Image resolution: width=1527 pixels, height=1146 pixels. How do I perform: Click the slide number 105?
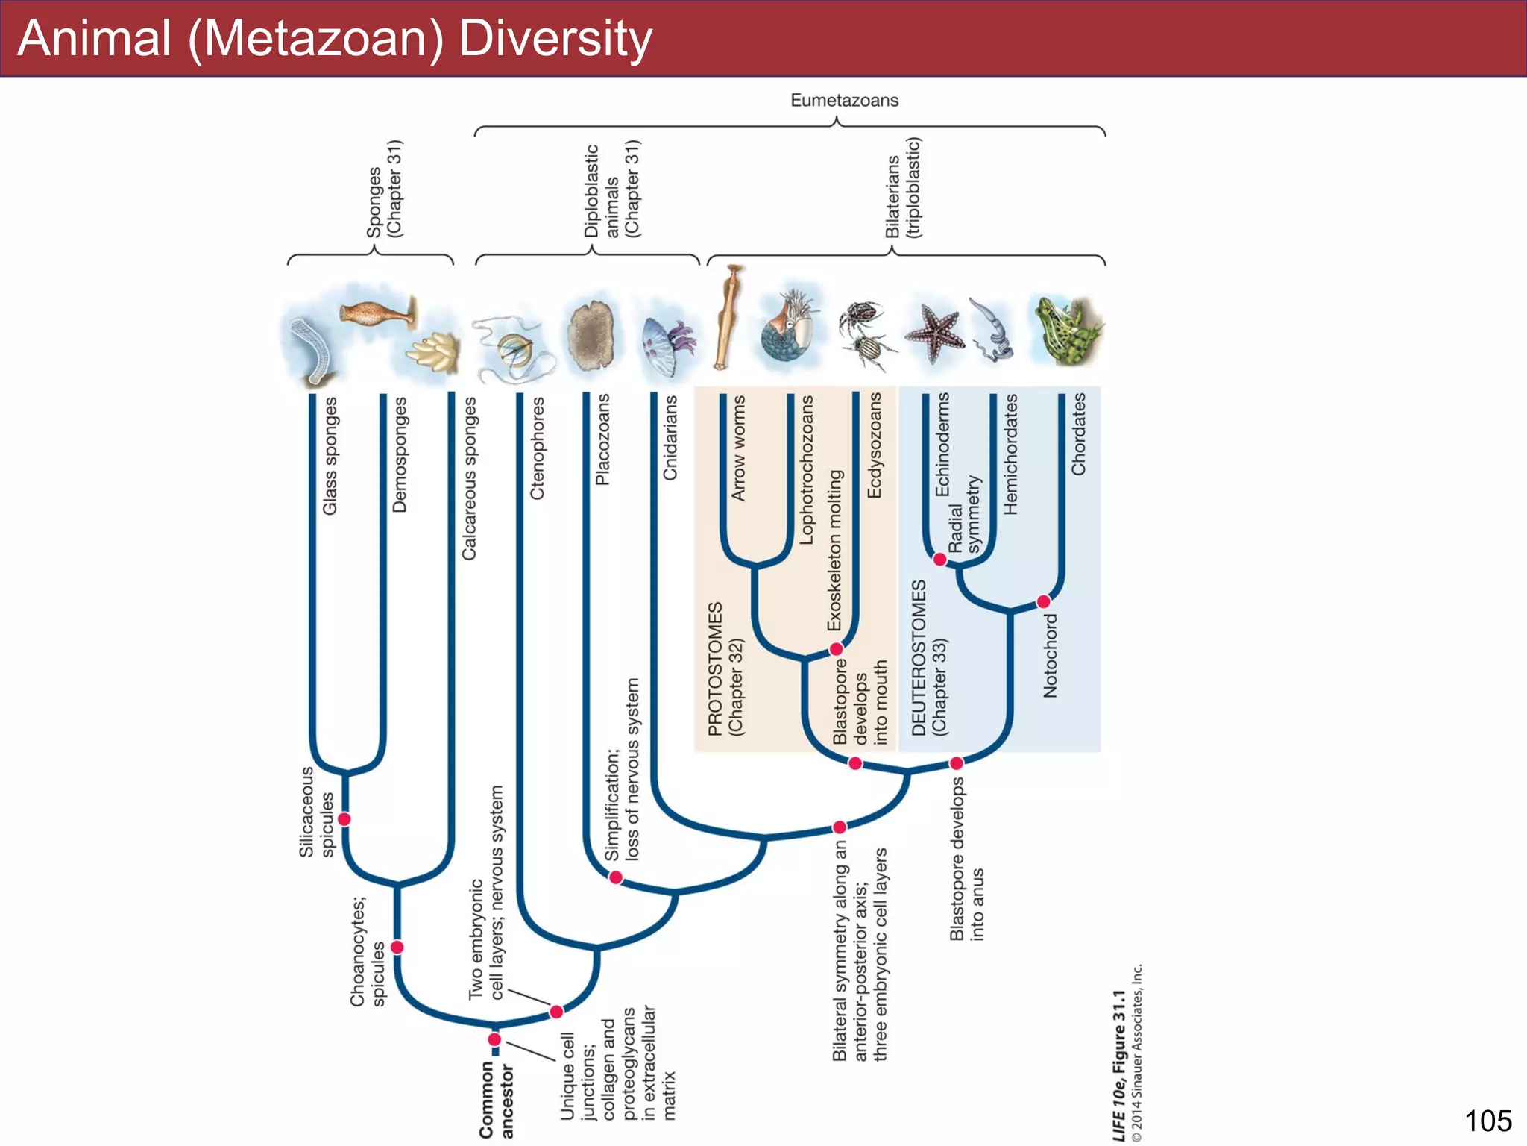[x=1487, y=1121]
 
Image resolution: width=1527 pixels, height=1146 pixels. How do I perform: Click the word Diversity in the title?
[x=555, y=39]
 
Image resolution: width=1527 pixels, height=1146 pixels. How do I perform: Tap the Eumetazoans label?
[x=844, y=100]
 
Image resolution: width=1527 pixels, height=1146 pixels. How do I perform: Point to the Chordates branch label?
[x=1078, y=433]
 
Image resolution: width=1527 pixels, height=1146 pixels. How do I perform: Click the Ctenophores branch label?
[x=537, y=448]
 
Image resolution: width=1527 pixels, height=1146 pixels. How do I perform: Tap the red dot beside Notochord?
[x=1044, y=601]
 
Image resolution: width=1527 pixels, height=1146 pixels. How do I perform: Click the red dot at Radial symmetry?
[x=940, y=560]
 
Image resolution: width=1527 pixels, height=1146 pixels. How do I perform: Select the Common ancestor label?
[x=497, y=1100]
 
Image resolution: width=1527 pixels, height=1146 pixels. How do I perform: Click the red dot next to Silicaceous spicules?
[x=344, y=819]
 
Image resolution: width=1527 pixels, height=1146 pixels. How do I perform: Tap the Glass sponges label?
[x=330, y=455]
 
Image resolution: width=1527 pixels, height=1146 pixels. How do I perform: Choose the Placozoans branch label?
[x=602, y=439]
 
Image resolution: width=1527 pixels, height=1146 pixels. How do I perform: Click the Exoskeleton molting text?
[x=835, y=550]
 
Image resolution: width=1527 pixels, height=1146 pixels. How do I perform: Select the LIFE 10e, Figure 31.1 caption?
[x=1118, y=1065]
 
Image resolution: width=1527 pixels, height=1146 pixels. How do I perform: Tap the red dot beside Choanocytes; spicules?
[x=397, y=947]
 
